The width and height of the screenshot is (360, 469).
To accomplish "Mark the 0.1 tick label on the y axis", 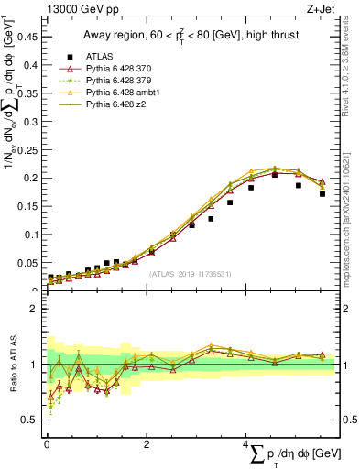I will pos(30,234).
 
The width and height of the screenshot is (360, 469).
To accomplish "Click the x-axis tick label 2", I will pos(147,444).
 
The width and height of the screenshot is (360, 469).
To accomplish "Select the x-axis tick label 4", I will pos(246,444).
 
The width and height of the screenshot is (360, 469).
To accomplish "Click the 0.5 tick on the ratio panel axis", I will pos(30,420).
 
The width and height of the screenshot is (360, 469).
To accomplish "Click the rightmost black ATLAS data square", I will pos(322,194).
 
